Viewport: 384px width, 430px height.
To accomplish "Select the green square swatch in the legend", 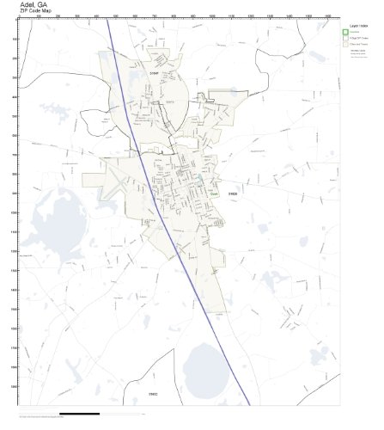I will point(345,33).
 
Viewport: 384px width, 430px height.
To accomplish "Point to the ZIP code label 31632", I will point(153,394).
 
